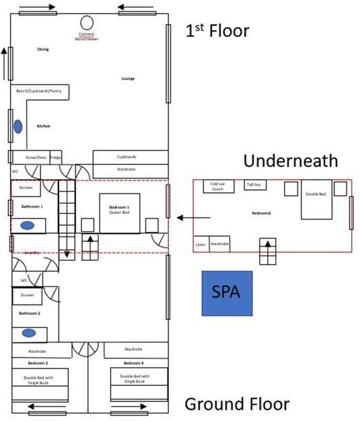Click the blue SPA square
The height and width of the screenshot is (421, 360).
click(x=227, y=293)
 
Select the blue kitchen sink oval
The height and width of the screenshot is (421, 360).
click(x=18, y=126)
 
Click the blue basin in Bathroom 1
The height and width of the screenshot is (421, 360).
click(x=28, y=226)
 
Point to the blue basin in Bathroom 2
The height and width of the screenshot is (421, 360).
click(x=28, y=333)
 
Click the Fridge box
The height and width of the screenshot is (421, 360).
click(x=56, y=157)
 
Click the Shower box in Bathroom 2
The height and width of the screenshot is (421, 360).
click(x=27, y=295)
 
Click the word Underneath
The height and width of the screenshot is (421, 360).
click(x=290, y=161)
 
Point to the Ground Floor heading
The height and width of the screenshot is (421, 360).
click(x=237, y=404)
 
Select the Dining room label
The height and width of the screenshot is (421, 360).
click(x=42, y=49)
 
